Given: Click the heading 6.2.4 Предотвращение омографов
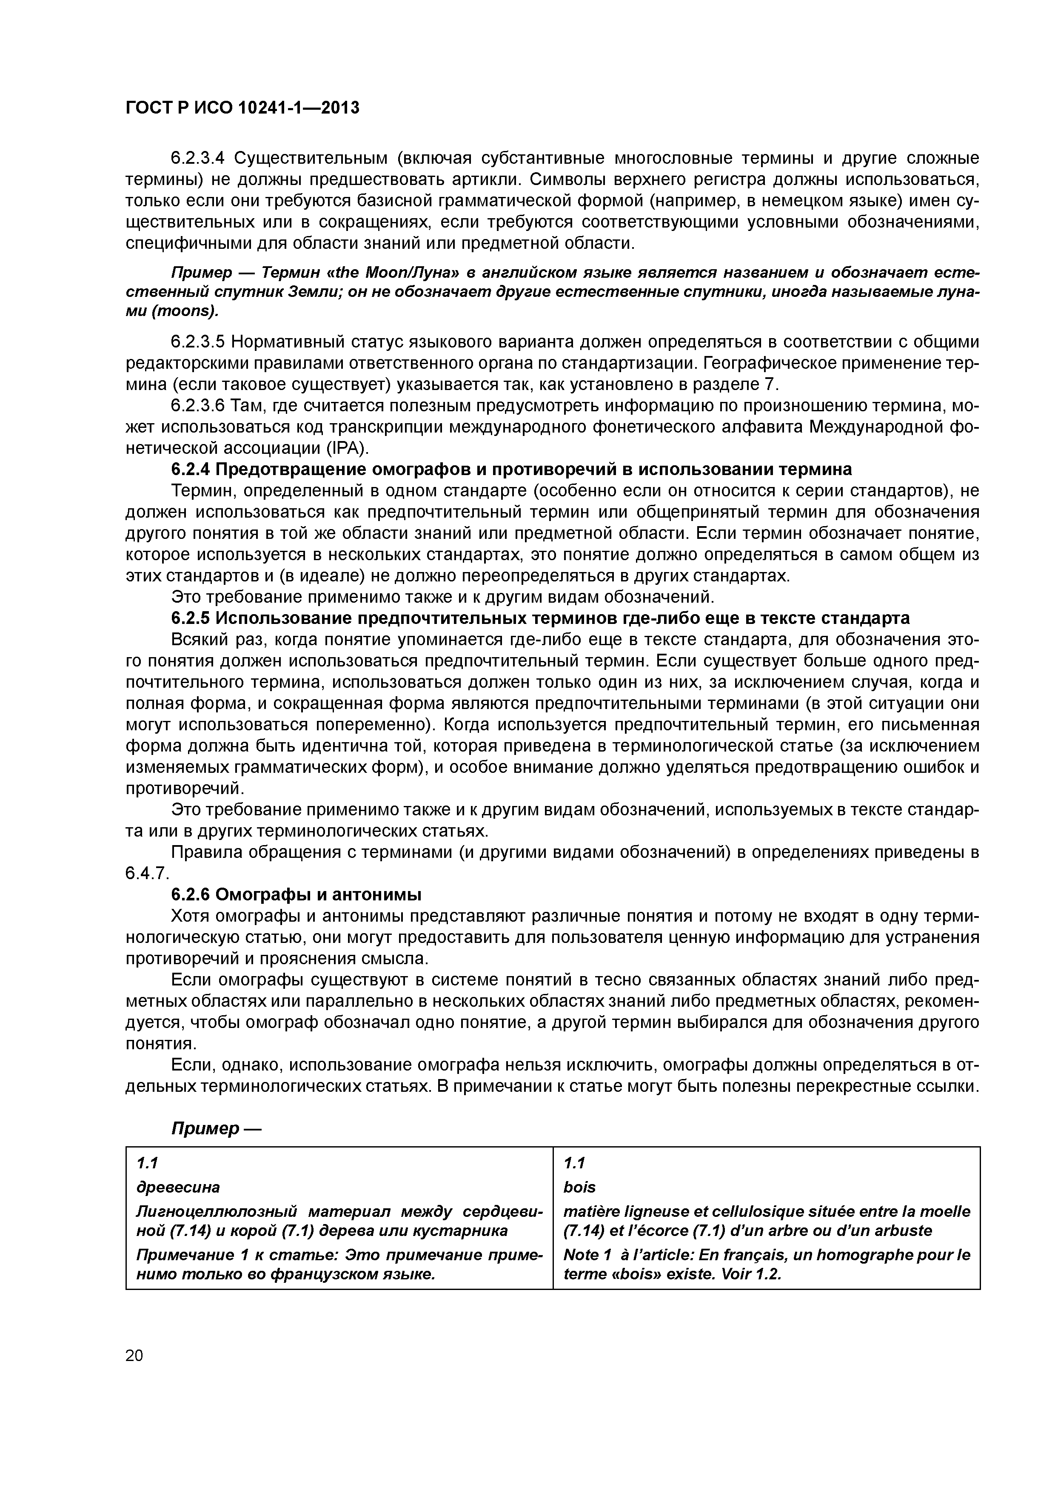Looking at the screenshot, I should click(x=511, y=469).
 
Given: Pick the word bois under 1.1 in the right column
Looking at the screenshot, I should click(x=579, y=1187).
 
